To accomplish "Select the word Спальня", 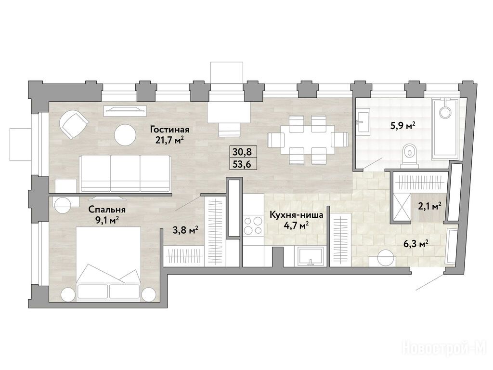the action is [x=107, y=210].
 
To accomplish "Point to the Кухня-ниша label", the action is [x=297, y=215].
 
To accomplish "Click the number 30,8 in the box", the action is [x=242, y=152].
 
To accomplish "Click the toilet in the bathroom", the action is [x=408, y=155].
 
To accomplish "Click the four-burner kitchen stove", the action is [x=253, y=225].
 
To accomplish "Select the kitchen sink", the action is [x=311, y=256].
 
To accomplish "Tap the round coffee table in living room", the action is [x=125, y=135].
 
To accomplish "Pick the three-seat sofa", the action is [x=125, y=173].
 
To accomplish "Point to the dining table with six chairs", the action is [x=308, y=140].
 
